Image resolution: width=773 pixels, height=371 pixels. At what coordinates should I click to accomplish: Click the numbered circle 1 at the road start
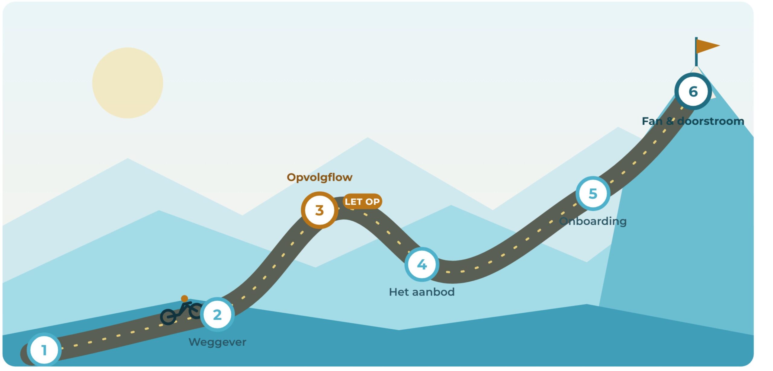tap(44, 350)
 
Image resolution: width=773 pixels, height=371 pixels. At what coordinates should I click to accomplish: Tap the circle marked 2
tap(217, 315)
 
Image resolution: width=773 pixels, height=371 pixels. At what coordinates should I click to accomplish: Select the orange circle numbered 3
tap(319, 210)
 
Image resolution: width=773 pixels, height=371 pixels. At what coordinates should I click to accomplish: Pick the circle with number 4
tap(422, 264)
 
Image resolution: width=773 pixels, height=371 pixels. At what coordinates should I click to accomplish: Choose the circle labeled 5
tap(593, 193)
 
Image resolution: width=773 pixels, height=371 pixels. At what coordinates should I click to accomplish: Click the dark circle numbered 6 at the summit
tap(693, 91)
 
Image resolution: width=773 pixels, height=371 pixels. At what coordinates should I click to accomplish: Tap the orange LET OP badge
tap(362, 201)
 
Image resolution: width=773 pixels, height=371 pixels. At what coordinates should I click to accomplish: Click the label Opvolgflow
tap(319, 178)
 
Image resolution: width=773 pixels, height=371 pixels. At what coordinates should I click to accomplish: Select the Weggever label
tap(217, 342)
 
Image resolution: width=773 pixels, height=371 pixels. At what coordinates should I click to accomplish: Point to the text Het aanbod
tap(422, 292)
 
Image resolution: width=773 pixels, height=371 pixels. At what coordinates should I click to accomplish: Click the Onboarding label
tap(593, 221)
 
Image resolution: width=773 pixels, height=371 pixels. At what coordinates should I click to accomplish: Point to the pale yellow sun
tap(127, 83)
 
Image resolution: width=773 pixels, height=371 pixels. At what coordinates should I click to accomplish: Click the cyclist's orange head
tap(184, 299)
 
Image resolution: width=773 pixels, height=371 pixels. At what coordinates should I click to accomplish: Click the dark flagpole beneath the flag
tap(696, 52)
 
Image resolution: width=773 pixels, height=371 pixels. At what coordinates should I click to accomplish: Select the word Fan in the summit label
tap(652, 121)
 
